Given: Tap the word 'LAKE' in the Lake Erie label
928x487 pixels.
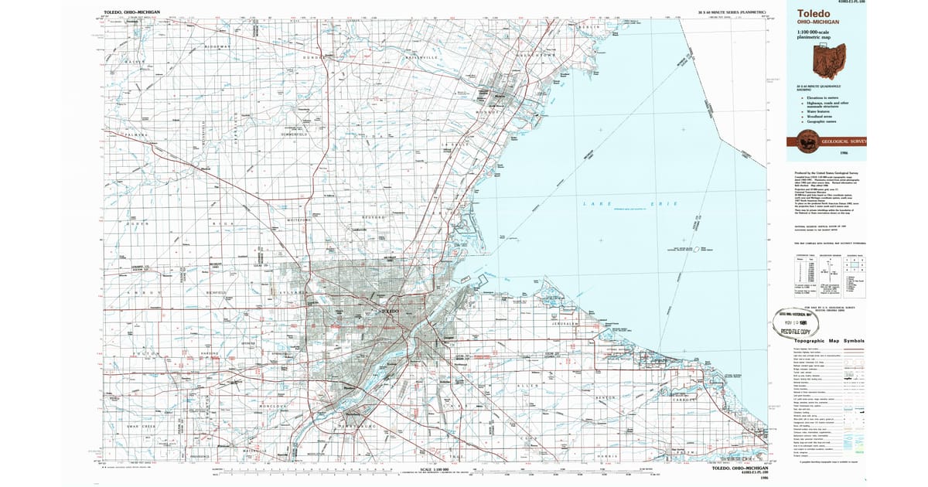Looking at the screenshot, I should pos(591,203).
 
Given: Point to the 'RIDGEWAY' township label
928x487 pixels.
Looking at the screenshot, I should pos(217,46).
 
